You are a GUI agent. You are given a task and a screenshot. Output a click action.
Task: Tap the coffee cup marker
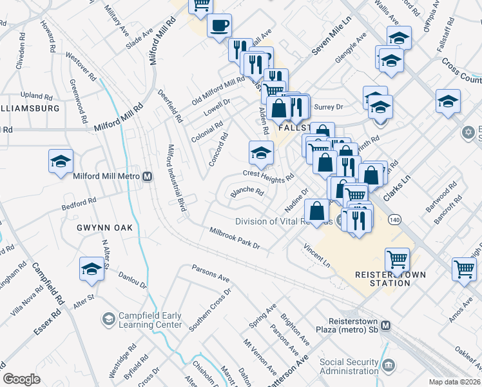pos(219,26)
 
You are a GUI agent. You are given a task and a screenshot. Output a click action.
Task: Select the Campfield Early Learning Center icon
pos(108,319)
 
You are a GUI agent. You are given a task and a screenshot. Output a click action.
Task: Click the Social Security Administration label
pos(349,366)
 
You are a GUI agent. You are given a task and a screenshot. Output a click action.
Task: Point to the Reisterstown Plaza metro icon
pos(385,326)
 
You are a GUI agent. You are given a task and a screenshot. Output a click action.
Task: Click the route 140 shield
pos(394,219)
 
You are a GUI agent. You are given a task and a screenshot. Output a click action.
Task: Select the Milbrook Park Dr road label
pos(235,238)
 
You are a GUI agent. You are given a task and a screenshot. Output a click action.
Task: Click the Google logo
pos(21,379)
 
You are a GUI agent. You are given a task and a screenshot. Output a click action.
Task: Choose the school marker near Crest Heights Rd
pos(260,153)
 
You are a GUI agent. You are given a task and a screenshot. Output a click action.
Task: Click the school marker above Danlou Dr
pos(92,268)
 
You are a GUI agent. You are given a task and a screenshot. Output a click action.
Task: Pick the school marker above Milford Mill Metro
pos(61,161)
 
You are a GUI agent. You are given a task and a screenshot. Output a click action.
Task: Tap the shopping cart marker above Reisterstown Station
pos(397,259)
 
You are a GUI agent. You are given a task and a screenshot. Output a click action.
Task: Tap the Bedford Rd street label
pos(79,204)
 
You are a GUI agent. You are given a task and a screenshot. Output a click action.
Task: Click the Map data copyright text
pos(455,381)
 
